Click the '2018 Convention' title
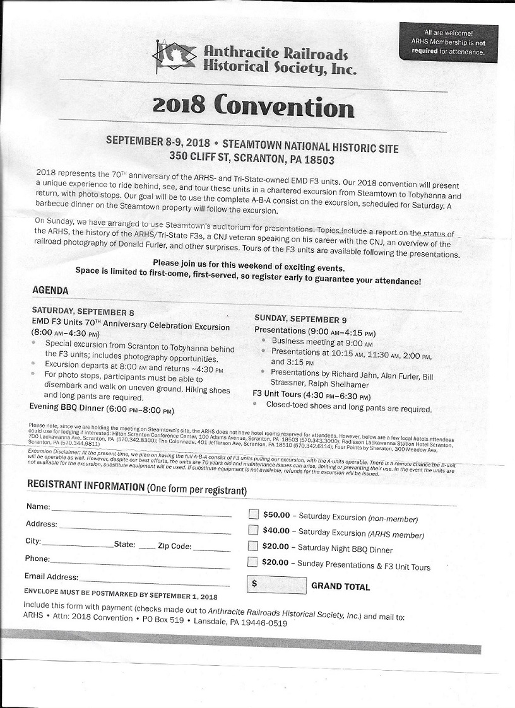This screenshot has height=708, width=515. coord(252,105)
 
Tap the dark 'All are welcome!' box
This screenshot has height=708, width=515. coord(448,42)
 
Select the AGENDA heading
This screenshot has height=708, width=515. coord(50,291)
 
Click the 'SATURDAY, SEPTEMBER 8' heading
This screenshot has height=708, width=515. coord(83,312)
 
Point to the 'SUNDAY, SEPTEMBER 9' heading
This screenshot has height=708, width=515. coord(300,320)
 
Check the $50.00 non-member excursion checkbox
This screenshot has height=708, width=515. coord(253,514)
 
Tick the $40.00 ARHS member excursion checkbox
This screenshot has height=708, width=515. coord(253,530)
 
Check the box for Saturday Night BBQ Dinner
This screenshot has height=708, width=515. coord(253,546)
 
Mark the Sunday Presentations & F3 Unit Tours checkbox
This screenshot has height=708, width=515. coord(252,562)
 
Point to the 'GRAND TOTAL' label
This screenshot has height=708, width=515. coord(340,586)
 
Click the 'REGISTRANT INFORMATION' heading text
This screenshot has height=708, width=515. coord(86,486)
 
